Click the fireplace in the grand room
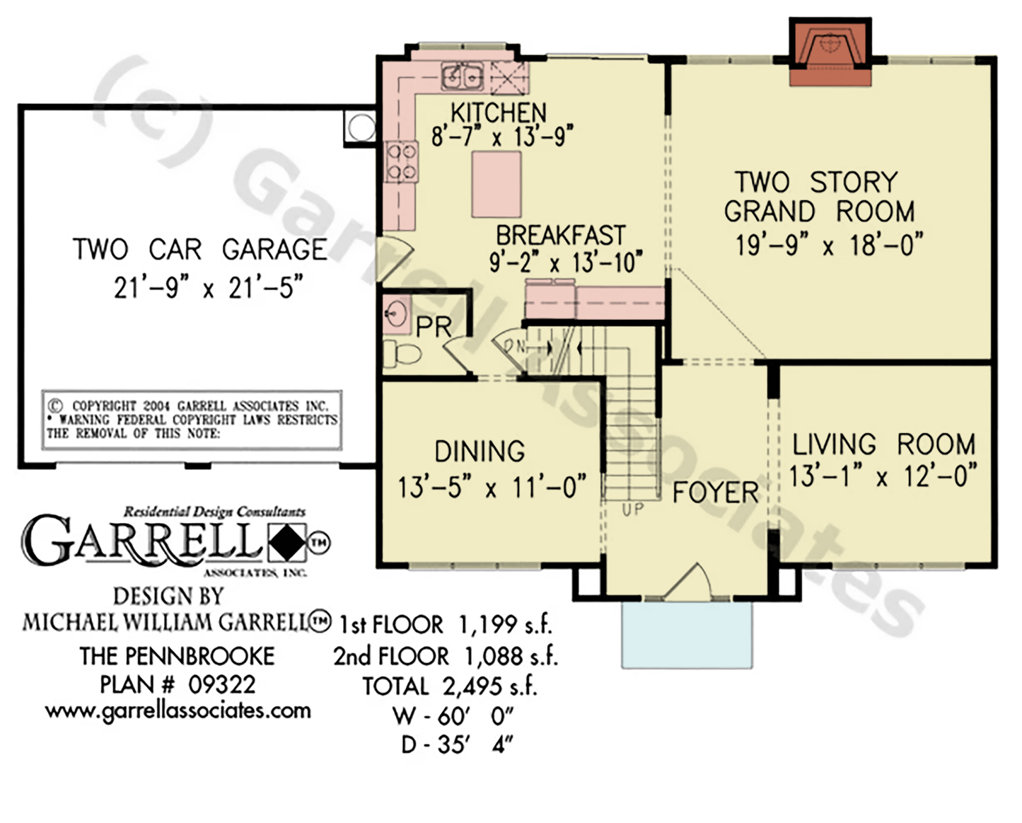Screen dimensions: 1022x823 [830, 52]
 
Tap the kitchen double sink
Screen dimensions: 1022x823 [462, 76]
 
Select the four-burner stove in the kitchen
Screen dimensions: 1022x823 [402, 162]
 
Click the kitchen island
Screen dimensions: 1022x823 [497, 185]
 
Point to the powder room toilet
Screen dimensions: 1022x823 [402, 354]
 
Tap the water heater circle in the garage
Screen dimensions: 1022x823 [361, 127]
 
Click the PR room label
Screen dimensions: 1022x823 [434, 327]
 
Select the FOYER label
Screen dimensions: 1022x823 [716, 493]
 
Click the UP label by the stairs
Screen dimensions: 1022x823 [632, 510]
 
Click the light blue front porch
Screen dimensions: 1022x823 [687, 635]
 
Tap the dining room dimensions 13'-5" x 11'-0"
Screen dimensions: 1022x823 [492, 487]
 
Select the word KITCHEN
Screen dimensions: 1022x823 [498, 113]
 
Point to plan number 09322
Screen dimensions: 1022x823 [222, 685]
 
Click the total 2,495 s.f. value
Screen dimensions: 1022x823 [489, 686]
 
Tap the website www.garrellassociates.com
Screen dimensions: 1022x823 [178, 711]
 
